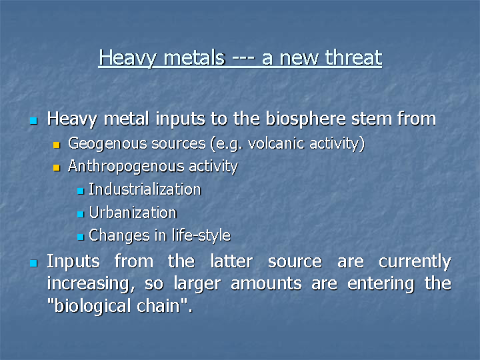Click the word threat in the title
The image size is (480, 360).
pos(353,57)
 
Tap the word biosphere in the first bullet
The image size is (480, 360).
pos(306,119)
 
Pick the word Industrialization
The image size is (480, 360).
pos(145,189)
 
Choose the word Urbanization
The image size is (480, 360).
pos(133,213)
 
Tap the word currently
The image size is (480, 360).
pos(415,263)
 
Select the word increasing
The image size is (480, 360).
pos(91,285)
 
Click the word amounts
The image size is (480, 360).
pos(266,284)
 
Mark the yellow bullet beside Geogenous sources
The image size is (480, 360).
pos(56,145)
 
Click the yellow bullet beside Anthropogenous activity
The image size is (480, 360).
pos(56,168)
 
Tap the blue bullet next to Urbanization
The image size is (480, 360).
pos(81,214)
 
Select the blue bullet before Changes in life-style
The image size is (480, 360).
pos(81,237)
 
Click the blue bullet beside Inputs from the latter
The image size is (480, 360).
pos(34,263)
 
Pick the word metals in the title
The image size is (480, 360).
pos(195,57)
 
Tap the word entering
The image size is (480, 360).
pos(381,285)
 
